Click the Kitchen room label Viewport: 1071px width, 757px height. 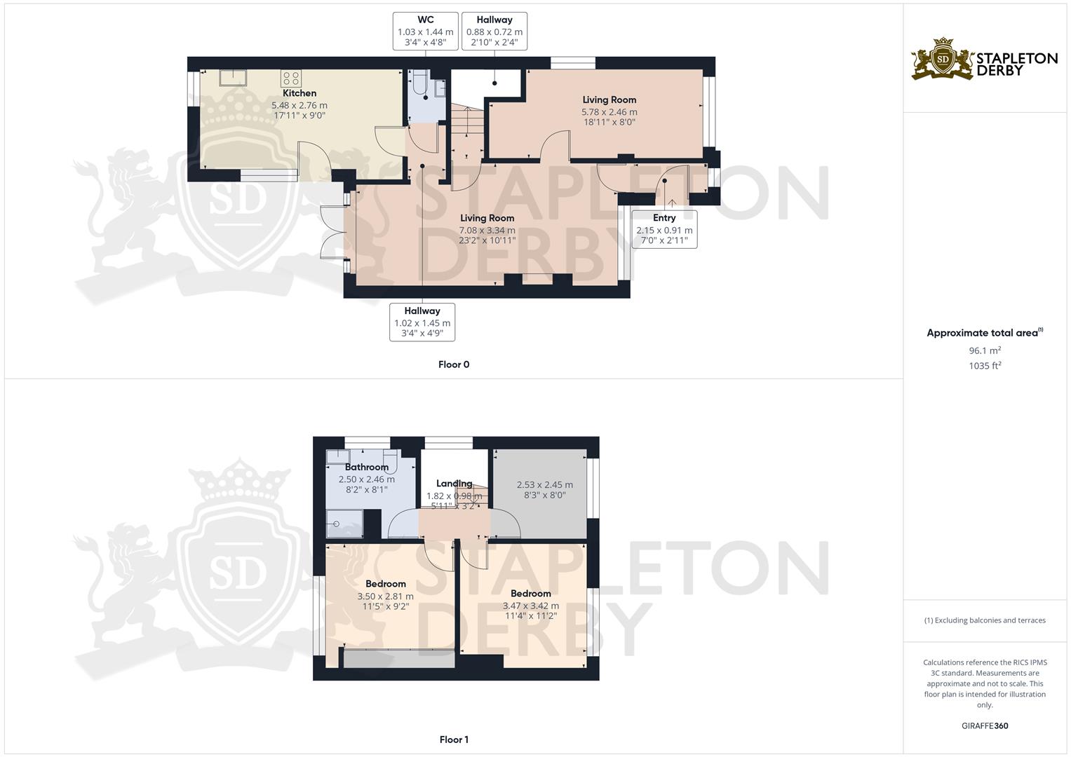299,93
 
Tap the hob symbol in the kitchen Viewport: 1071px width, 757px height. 291,77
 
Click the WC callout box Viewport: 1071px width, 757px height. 425,31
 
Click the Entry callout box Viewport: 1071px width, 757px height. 664,229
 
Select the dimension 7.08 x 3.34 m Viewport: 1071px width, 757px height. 487,230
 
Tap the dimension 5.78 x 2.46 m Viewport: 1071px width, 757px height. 609,111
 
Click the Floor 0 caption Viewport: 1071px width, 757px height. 454,364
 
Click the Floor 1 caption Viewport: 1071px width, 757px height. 454,739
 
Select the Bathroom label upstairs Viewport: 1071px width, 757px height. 366,468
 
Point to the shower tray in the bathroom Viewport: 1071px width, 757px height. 344,524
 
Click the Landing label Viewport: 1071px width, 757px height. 454,484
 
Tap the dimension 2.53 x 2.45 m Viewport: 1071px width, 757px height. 544,485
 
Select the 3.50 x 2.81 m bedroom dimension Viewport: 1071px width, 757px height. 385,596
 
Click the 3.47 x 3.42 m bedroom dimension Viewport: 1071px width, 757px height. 530,606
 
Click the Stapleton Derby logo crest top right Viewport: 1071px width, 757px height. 943,59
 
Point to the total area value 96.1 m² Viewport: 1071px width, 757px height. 985,350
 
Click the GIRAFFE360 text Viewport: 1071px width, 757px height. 985,726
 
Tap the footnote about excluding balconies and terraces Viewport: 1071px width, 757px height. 985,620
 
